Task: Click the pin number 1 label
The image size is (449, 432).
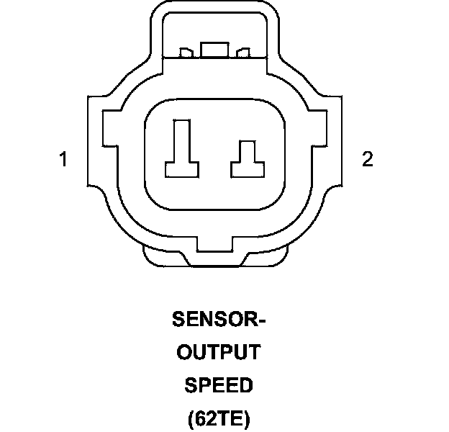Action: [x=63, y=159]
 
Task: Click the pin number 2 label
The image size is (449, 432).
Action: [x=368, y=159]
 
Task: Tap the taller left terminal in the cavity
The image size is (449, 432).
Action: [x=181, y=148]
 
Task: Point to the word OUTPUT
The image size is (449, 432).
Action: [x=218, y=352]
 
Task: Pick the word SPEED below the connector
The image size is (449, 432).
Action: [x=219, y=385]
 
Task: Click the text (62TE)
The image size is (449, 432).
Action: [x=218, y=418]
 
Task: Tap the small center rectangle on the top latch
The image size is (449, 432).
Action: [x=215, y=49]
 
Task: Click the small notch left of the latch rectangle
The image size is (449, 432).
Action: [x=186, y=53]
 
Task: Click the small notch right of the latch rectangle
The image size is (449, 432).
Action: [x=243, y=53]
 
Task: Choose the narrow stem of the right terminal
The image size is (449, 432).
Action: [x=247, y=151]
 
